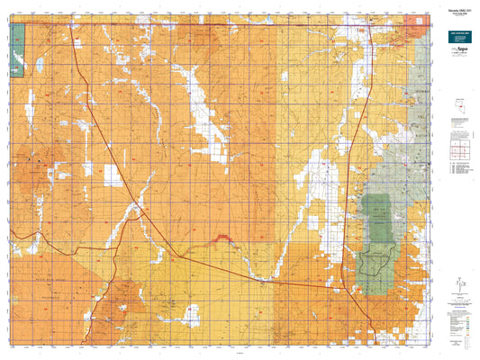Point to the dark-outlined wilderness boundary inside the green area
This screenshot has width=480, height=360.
pyautogui.click(x=373, y=262)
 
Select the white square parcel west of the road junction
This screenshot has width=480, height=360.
pyautogui.click(x=113, y=176)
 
